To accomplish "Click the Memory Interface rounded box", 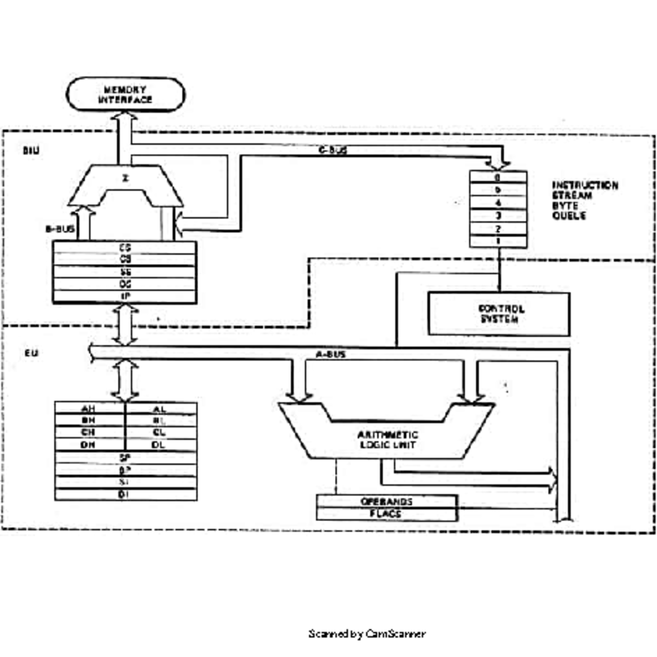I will coord(125,95).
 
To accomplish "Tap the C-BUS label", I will coord(333,150).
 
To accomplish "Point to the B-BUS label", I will coord(60,229).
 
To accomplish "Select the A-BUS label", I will coord(331,355).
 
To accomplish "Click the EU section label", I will coord(32,354).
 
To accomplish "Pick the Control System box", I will coord(498,314).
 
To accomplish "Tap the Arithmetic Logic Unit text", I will coord(388,440).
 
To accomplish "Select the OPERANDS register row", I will coord(387,502).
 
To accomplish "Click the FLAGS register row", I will coord(387,514).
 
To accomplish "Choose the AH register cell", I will coord(89,409).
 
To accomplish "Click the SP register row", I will coord(125,458).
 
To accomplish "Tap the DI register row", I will coord(125,494).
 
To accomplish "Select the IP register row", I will coord(125,296).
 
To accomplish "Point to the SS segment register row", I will coord(125,272).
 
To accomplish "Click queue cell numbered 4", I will coord(498,203).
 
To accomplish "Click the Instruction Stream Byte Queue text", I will coord(584,200).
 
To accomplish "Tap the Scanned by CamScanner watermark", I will coord(367,634).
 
